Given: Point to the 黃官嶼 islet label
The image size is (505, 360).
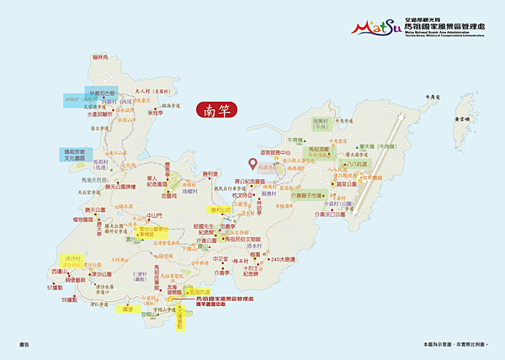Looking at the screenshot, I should click(x=461, y=120).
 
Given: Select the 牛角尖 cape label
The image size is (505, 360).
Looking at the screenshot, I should click(x=433, y=98).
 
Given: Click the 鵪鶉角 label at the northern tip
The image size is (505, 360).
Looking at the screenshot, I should click(x=102, y=57).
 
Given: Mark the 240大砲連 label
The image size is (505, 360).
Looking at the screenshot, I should click(x=290, y=260).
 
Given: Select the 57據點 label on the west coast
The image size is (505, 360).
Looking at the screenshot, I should click(x=56, y=288).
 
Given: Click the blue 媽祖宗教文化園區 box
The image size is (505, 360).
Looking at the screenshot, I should click(x=74, y=155).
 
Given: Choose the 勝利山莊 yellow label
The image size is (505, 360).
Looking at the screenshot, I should click(x=220, y=209).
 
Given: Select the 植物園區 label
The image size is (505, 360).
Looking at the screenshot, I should click(x=85, y=219).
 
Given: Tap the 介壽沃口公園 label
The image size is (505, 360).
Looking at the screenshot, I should click(x=330, y=214).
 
